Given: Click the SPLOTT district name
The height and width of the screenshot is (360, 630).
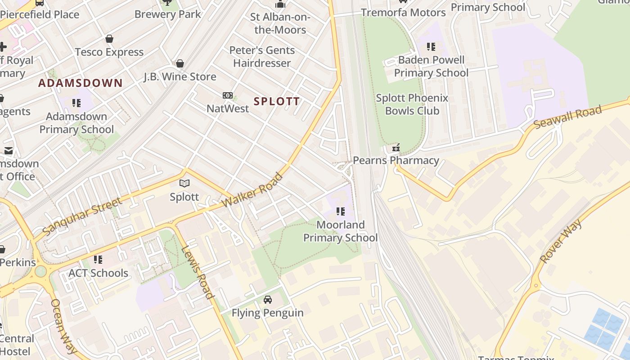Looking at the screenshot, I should point(276,101).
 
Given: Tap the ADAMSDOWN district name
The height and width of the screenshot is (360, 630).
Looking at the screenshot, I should point(80,83).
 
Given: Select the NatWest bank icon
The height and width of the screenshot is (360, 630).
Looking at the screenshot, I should point(228,95).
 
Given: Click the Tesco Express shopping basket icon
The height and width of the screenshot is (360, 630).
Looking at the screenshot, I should point(109,39).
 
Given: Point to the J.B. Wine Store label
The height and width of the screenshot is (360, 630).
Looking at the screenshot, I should point(180,76).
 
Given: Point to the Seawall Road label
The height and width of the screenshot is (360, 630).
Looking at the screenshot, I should point(567,117).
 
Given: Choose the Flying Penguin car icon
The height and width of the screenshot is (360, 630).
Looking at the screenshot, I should point(267,300).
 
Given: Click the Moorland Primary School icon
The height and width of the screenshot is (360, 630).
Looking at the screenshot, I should point(341,211).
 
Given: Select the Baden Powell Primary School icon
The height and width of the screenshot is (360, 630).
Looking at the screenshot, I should point(431,47).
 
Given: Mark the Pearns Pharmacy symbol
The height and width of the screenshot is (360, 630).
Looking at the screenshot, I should point(396,147).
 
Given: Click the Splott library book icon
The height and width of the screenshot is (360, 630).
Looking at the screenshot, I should point(184,183).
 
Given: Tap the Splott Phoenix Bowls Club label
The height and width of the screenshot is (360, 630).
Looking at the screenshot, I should point(412,104).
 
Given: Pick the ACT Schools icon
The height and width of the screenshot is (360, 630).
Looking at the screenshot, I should point(98,260).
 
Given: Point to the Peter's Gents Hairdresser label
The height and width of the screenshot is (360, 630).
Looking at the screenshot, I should point(262,57).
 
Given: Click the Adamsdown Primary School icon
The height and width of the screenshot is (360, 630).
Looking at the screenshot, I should point(76,103).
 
